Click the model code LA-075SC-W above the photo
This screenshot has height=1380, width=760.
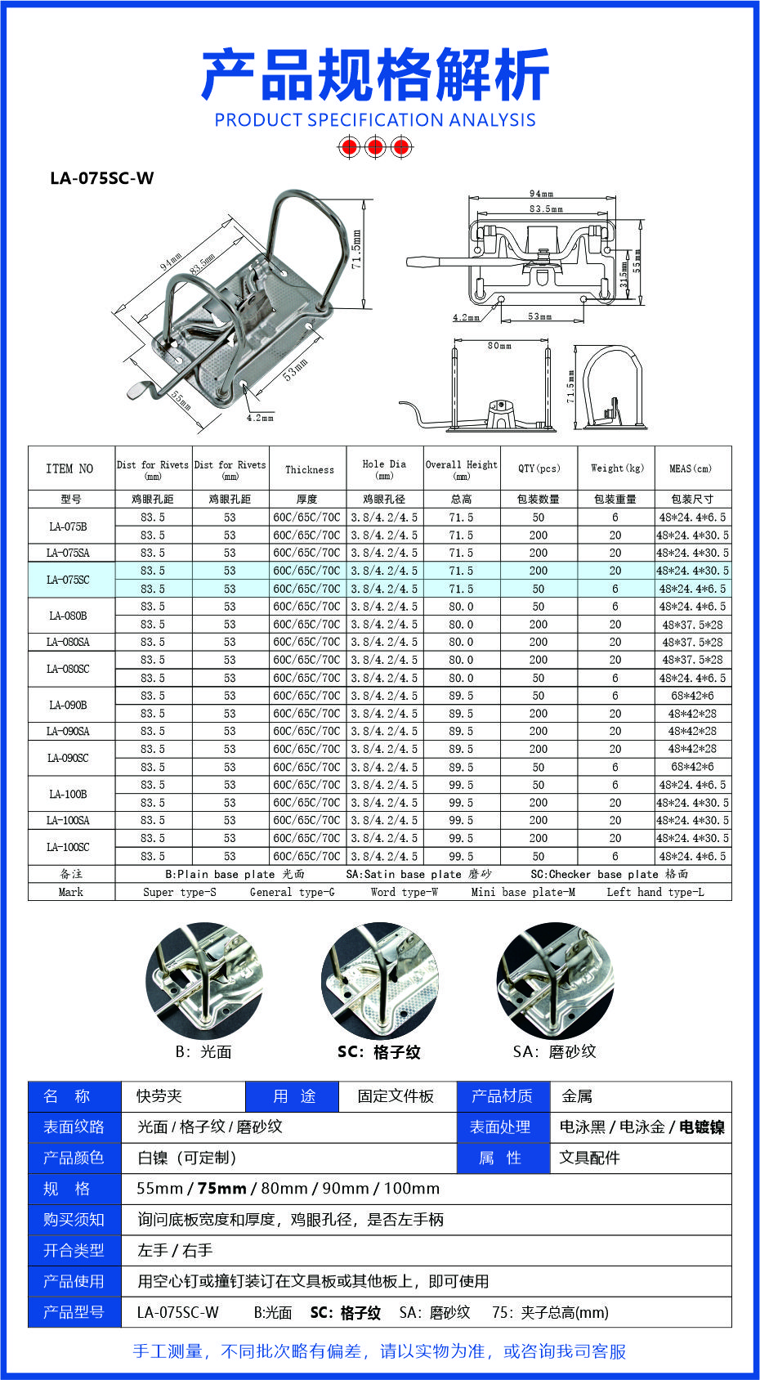(x=101, y=178)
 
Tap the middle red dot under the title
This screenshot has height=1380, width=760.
(x=375, y=147)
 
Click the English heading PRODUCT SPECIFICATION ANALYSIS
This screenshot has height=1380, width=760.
(x=375, y=120)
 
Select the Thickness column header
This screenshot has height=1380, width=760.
(x=309, y=469)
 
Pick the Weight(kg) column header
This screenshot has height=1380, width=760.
(x=617, y=468)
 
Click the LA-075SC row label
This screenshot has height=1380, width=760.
(x=69, y=580)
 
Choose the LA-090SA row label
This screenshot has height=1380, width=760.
(x=69, y=731)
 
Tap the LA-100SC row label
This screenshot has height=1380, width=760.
(x=69, y=847)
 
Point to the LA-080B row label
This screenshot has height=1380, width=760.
(x=69, y=616)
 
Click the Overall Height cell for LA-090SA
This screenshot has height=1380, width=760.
(x=461, y=731)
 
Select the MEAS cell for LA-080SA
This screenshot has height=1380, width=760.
(x=692, y=642)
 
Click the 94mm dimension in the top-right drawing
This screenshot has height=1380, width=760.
(x=541, y=194)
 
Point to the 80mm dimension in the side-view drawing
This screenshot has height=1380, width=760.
(x=499, y=346)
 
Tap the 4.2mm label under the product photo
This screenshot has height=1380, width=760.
(x=260, y=418)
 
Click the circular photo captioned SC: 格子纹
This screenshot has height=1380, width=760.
(x=379, y=981)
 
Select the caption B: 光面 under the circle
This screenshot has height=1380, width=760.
(x=203, y=1052)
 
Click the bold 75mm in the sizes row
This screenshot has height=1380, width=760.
(x=221, y=1189)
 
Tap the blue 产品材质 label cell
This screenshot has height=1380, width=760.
(x=502, y=1096)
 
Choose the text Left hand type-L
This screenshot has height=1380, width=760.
(x=655, y=892)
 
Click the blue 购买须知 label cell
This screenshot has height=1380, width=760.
(x=74, y=1220)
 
